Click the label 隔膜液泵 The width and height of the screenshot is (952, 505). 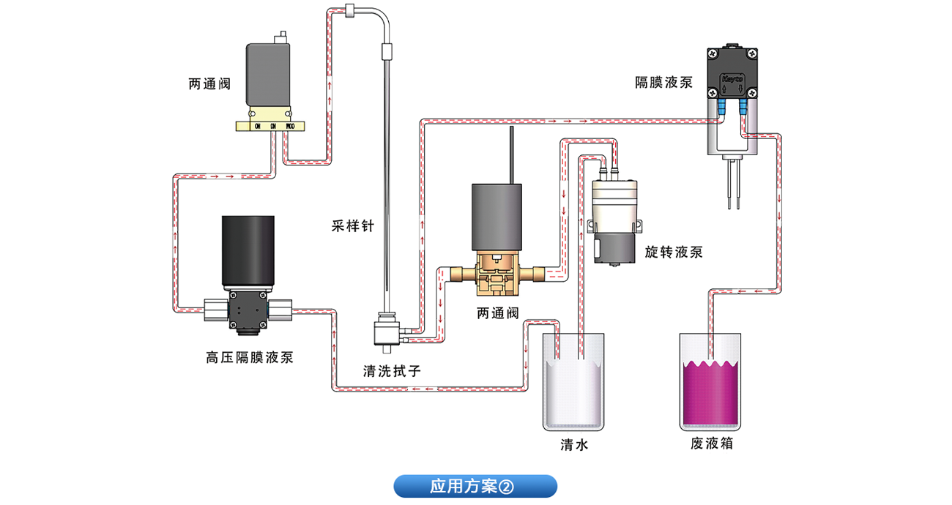[x=663, y=83]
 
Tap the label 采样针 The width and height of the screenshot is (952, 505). [x=352, y=226]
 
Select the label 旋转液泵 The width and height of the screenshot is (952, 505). [x=674, y=252]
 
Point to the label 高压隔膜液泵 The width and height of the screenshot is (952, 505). [x=250, y=358]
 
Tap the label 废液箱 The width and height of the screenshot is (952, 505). [x=711, y=444]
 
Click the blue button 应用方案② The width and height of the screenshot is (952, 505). [x=475, y=486]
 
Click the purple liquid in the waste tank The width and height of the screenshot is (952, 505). [x=711, y=395]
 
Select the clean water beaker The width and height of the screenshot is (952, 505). [x=574, y=381]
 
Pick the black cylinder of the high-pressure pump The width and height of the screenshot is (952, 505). [x=250, y=249]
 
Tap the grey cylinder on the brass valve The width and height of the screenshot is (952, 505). [x=497, y=216]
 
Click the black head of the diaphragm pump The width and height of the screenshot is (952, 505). [x=732, y=73]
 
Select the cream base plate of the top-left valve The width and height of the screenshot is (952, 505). [x=270, y=126]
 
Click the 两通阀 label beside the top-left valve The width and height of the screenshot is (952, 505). [x=209, y=84]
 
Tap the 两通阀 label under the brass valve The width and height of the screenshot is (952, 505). [x=498, y=314]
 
